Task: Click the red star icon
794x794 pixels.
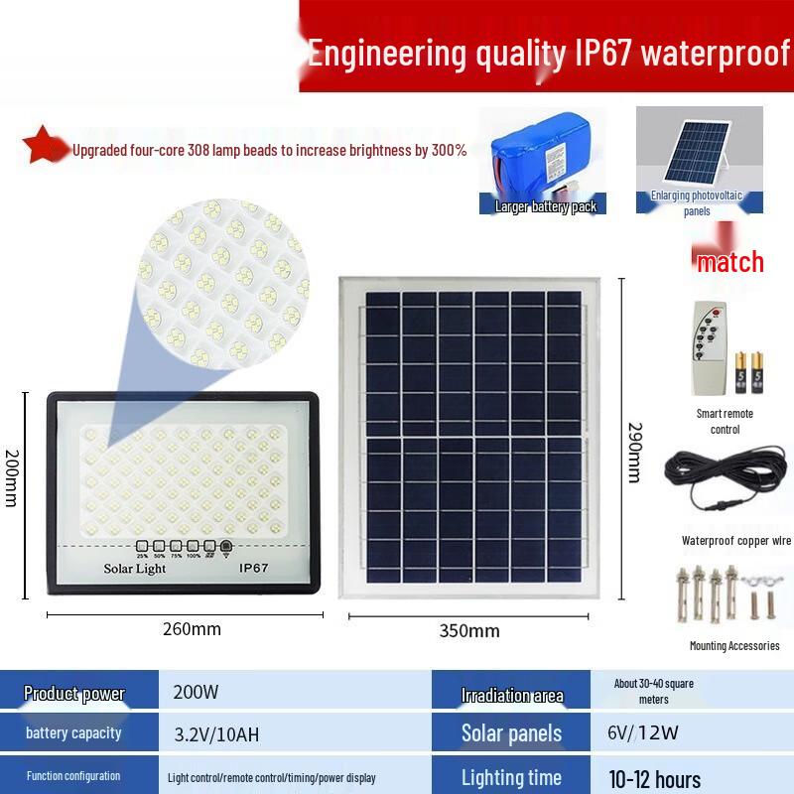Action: (x=41, y=145)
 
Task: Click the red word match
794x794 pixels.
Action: (x=729, y=262)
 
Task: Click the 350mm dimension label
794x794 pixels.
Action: (x=469, y=630)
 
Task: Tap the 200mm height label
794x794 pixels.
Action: (x=11, y=477)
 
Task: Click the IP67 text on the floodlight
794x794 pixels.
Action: (x=254, y=569)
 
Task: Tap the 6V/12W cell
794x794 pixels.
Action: (x=643, y=733)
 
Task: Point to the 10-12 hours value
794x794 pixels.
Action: (x=655, y=778)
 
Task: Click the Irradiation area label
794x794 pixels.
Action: (x=512, y=695)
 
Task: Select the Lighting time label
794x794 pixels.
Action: (x=511, y=777)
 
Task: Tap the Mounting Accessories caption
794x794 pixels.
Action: (x=734, y=646)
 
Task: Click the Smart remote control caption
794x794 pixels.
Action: (x=725, y=421)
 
